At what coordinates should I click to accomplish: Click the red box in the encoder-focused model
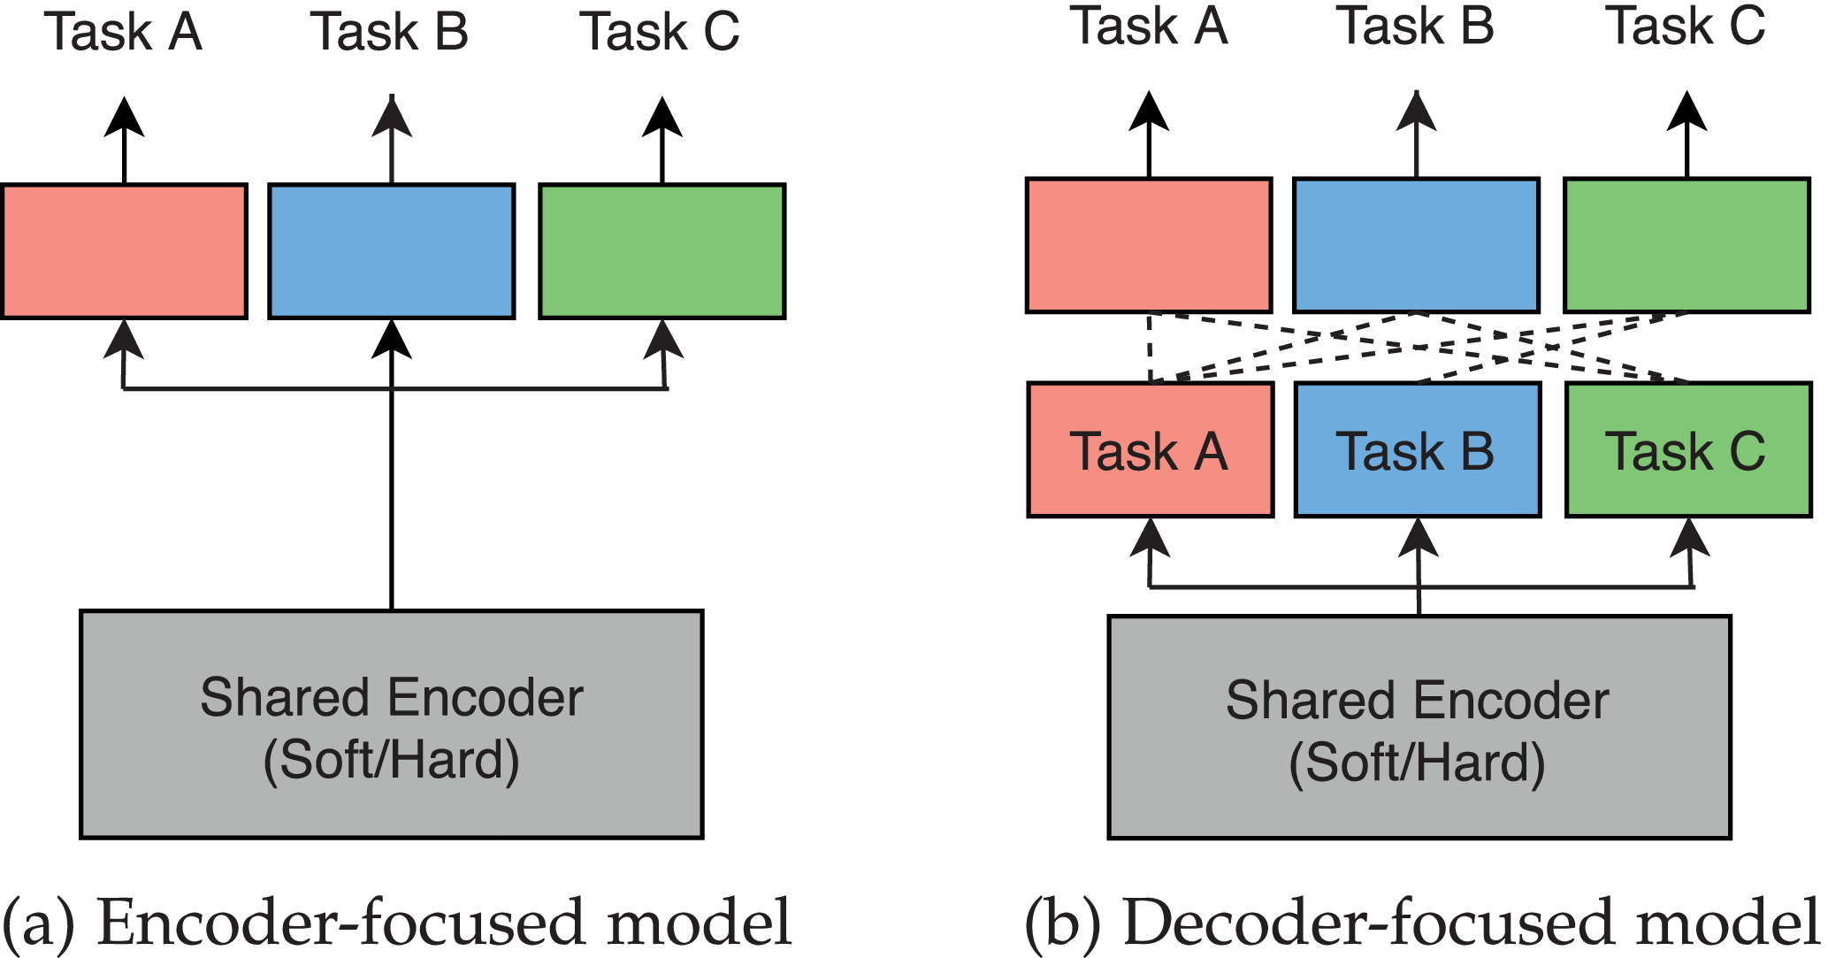pyautogui.click(x=124, y=251)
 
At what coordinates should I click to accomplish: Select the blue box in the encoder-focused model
pyautogui.click(x=392, y=251)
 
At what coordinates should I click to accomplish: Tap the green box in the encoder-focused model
pyautogui.click(x=662, y=251)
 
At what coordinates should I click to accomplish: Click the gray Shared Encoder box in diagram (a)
pyautogui.click(x=392, y=724)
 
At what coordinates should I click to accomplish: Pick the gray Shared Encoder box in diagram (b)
pyautogui.click(x=1419, y=727)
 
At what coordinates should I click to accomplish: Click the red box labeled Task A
pyautogui.click(x=1151, y=449)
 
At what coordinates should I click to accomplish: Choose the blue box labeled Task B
pyautogui.click(x=1418, y=449)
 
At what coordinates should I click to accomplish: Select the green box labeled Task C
pyautogui.click(x=1688, y=449)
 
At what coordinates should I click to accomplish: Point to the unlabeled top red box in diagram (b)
pyautogui.click(x=1149, y=245)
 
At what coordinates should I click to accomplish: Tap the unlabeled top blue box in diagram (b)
pyautogui.click(x=1416, y=245)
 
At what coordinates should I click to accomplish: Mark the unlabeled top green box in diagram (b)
pyautogui.click(x=1687, y=245)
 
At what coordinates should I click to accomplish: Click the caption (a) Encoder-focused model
pyautogui.click(x=396, y=923)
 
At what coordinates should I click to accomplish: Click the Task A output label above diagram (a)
pyautogui.click(x=123, y=32)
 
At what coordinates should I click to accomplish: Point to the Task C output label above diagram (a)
pyautogui.click(x=659, y=32)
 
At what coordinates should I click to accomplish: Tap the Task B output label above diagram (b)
pyautogui.click(x=1415, y=26)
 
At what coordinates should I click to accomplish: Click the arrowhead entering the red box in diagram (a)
pyautogui.click(x=124, y=338)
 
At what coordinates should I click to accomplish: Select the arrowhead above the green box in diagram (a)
pyautogui.click(x=662, y=115)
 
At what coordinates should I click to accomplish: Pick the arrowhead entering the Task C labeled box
pyautogui.click(x=1689, y=536)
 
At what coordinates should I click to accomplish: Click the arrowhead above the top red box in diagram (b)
pyautogui.click(x=1149, y=110)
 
